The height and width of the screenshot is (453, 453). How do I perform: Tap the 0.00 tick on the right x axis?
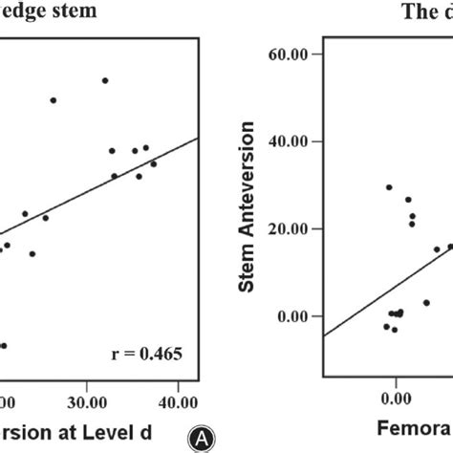click(394, 396)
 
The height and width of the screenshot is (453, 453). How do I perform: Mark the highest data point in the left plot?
click(105, 80)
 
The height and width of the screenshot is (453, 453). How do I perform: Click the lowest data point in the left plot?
click(4, 346)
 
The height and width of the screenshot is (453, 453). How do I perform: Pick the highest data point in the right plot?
click(389, 187)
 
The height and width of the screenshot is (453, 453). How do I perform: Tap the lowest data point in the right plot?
click(394, 330)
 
